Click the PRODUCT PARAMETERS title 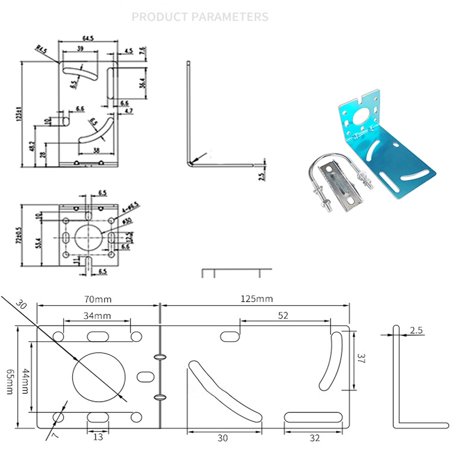(200, 16)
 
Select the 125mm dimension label (254, 298)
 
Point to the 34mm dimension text (95, 315)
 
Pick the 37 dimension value (363, 357)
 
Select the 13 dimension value (98, 436)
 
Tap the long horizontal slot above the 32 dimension (313, 417)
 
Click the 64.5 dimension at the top (88, 38)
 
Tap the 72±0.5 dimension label (19, 235)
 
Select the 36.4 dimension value (142, 82)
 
